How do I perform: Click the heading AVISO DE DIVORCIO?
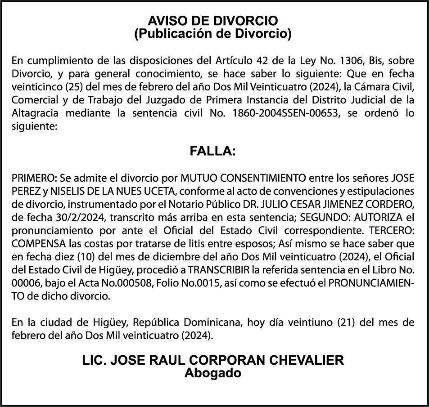[x=213, y=21]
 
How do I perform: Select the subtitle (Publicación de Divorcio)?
[x=213, y=33]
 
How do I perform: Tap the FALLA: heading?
[x=213, y=152]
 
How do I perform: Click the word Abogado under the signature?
[x=213, y=373]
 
